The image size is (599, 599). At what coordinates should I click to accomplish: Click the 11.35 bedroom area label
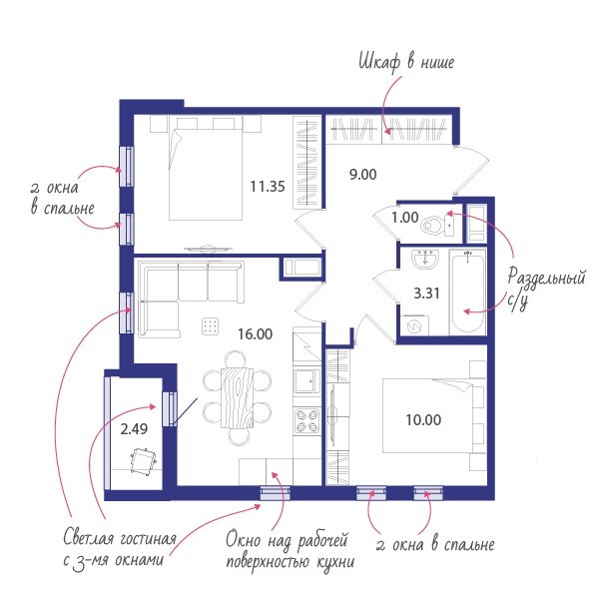click(x=268, y=187)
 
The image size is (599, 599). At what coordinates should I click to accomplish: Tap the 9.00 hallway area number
click(x=363, y=174)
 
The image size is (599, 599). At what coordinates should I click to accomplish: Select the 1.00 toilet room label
click(x=405, y=218)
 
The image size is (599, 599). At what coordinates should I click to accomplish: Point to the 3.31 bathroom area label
click(x=426, y=293)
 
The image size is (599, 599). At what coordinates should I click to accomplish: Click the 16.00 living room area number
click(x=256, y=333)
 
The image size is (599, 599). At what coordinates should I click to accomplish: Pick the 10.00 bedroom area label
click(x=423, y=420)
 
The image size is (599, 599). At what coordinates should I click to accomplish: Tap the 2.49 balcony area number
click(x=134, y=429)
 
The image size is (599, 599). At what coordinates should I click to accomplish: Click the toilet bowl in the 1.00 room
click(x=436, y=226)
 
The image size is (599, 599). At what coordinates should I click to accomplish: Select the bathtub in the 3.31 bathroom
click(x=467, y=293)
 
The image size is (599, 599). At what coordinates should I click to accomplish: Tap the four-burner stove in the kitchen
click(x=306, y=420)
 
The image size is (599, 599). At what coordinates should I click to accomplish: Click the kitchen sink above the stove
click(x=306, y=380)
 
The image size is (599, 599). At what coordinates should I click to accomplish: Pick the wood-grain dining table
click(x=237, y=397)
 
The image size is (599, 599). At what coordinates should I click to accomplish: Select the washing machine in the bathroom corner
click(x=414, y=325)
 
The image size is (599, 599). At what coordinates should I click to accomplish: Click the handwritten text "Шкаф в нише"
click(x=406, y=62)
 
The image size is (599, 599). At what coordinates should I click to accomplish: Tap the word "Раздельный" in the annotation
click(x=546, y=277)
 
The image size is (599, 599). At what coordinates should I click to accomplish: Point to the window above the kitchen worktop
click(x=276, y=493)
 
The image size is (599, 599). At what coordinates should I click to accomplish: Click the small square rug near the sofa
click(x=211, y=326)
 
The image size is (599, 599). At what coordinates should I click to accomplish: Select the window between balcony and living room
click(x=170, y=408)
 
